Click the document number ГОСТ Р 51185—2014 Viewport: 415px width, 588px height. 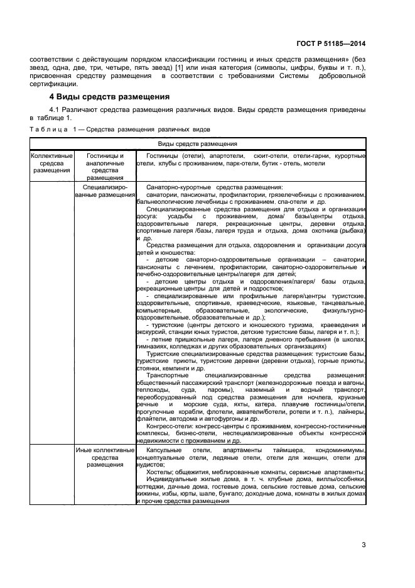coord(336,45)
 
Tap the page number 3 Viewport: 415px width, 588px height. coord(363,544)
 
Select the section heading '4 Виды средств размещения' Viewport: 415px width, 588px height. coord(110,97)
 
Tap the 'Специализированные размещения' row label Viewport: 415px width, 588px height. coord(105,191)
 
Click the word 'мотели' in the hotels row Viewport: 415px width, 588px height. coord(313,163)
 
